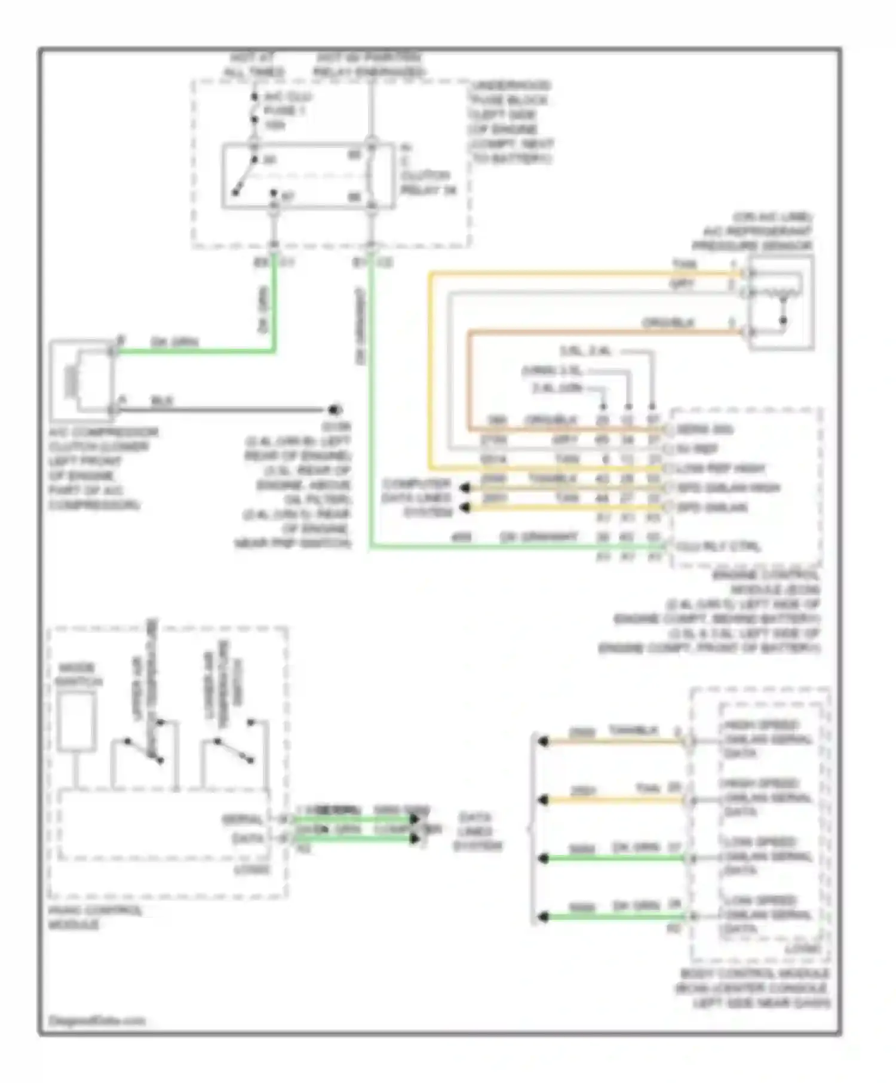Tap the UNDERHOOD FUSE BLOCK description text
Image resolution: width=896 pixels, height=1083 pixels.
tap(511, 122)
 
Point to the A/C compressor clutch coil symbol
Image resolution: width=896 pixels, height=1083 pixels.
tap(73, 380)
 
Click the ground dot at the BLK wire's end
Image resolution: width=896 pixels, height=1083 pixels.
tap(335, 410)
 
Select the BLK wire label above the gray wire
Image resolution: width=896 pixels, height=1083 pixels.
tap(161, 401)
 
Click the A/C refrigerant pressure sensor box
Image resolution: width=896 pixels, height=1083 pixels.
tap(781, 302)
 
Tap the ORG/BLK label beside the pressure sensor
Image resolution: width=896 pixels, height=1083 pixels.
tap(668, 323)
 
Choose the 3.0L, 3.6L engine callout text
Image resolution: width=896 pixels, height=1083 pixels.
tap(585, 351)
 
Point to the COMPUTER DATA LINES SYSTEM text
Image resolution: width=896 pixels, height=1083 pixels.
tap(417, 497)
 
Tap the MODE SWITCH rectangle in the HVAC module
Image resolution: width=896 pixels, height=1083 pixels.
tap(77, 722)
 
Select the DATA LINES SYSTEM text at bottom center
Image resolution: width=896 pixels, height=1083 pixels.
tap(477, 831)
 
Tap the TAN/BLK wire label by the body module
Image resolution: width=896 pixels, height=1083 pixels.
tap(633, 731)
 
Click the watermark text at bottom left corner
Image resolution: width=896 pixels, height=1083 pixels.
tap(96, 1020)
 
